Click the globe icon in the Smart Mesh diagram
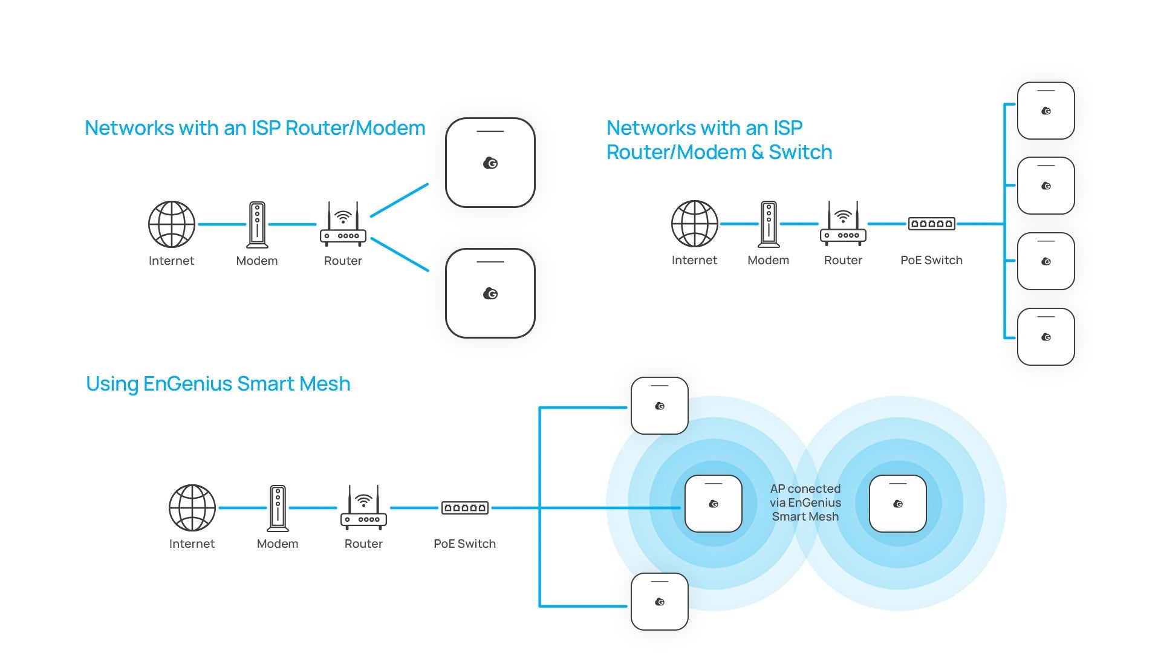(x=192, y=508)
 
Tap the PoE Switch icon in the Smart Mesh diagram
(x=464, y=508)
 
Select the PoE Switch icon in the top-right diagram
(x=932, y=224)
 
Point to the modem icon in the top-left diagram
(x=257, y=225)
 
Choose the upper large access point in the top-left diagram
(x=490, y=163)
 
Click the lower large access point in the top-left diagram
(x=490, y=293)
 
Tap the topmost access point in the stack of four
(x=1046, y=111)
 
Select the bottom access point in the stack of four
(x=1046, y=337)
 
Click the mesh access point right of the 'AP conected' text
(x=898, y=504)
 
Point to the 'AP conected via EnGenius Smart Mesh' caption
(x=805, y=502)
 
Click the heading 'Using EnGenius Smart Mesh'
(x=218, y=384)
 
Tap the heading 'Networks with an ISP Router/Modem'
(x=255, y=128)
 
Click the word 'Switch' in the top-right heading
(x=801, y=152)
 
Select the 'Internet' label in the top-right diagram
(x=694, y=260)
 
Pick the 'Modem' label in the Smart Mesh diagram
(x=278, y=544)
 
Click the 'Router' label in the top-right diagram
(x=843, y=260)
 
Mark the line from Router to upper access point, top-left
(x=400, y=200)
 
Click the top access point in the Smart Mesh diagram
(x=660, y=406)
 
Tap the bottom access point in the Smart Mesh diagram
(x=660, y=602)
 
